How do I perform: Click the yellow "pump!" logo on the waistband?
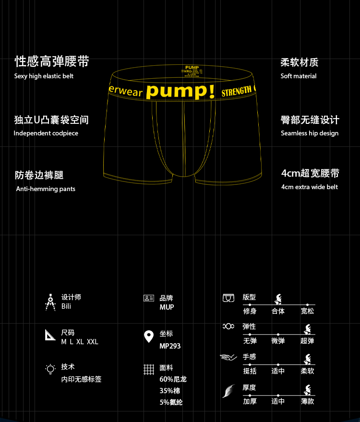tap(180, 91)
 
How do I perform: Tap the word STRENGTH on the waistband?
tap(237, 91)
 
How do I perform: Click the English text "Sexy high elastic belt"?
tap(44, 76)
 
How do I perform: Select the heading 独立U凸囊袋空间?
tap(51, 120)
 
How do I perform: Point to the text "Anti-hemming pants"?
tap(46, 189)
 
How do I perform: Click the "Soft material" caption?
tap(299, 76)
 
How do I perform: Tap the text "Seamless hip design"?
tap(310, 133)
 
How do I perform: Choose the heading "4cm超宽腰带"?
tap(310, 173)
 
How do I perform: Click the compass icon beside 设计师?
tap(50, 302)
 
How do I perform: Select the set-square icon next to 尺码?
tap(50, 335)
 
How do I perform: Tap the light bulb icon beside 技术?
tap(50, 369)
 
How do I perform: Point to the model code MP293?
tap(170, 346)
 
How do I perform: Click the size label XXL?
tap(93, 342)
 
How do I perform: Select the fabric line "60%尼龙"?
tap(173, 379)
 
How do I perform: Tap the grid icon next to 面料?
tap(149, 369)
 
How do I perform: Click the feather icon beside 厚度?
tap(228, 391)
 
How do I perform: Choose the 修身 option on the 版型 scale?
tap(250, 311)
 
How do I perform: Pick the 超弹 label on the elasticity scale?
tap(307, 341)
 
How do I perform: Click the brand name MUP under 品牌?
tap(167, 307)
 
